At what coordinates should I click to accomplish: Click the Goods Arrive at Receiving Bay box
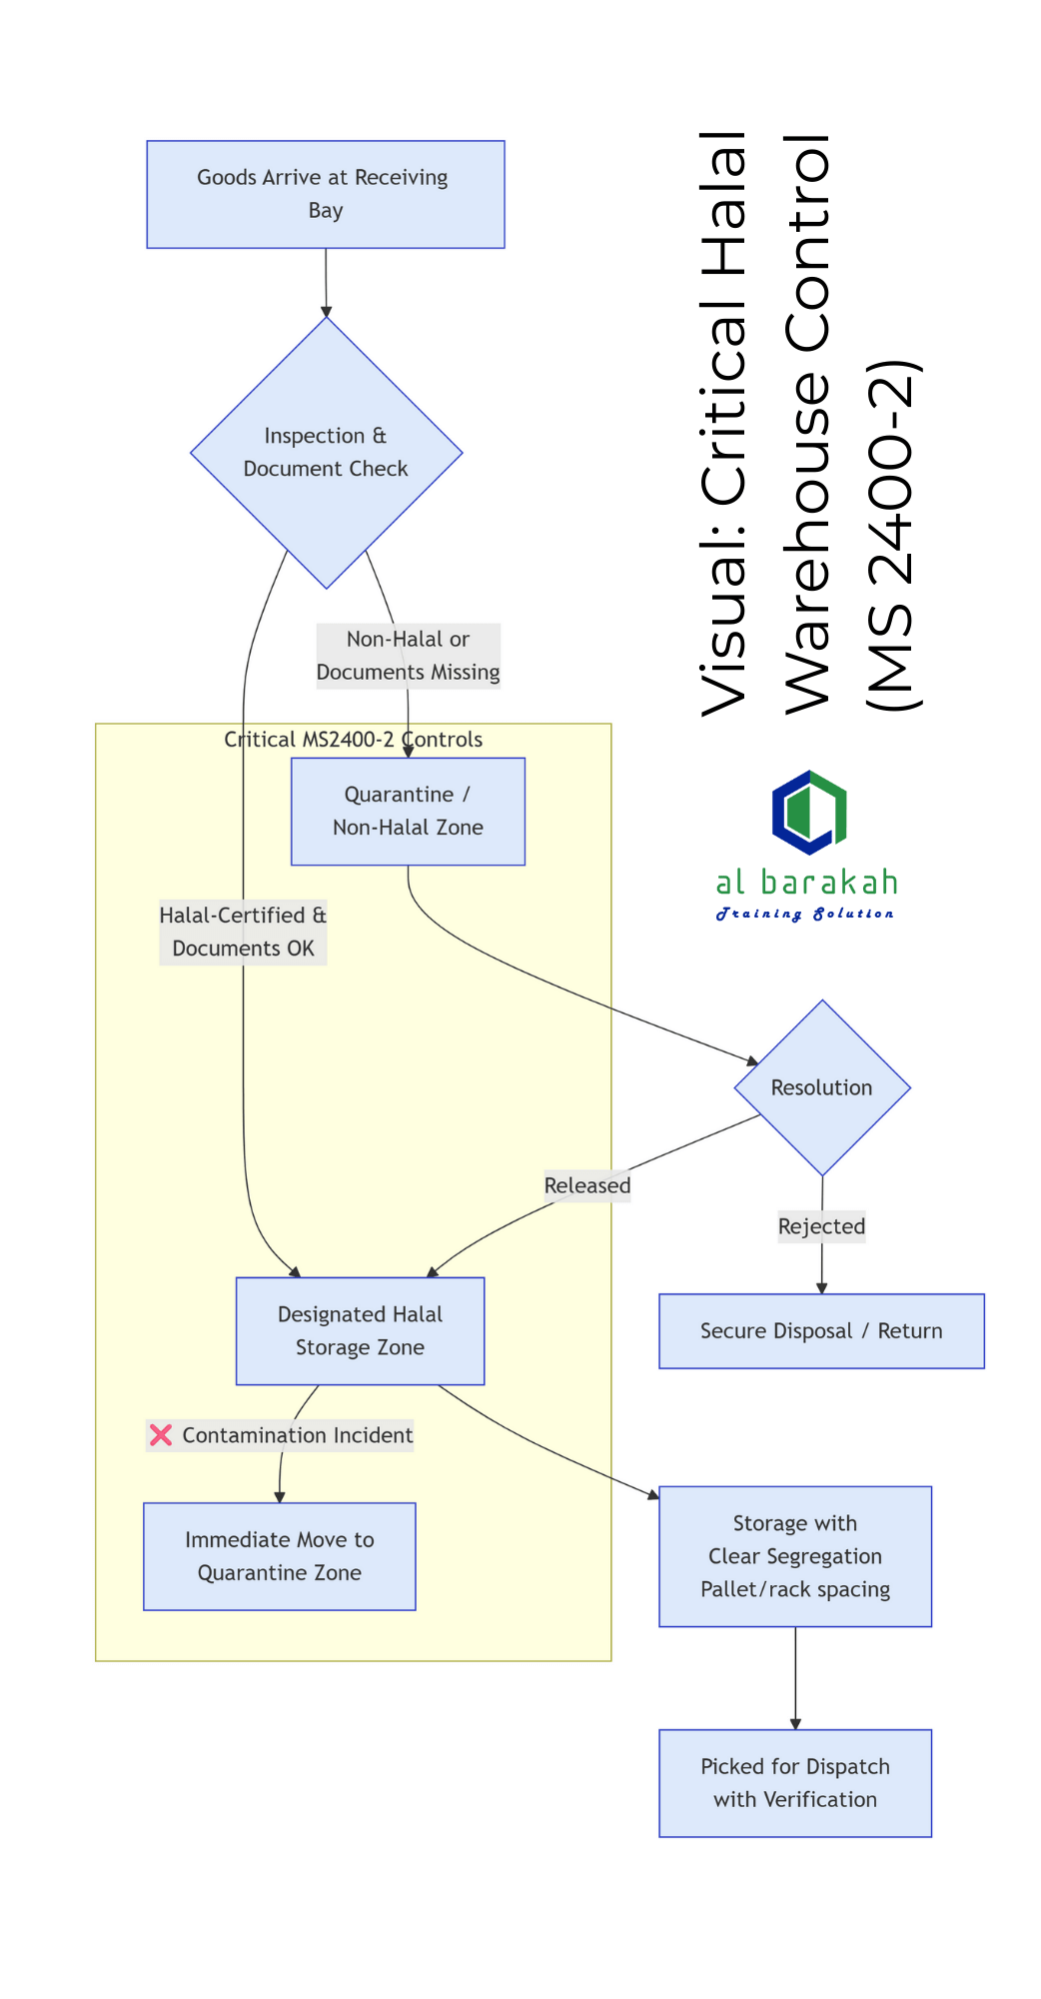326,194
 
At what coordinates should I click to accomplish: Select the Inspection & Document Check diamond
326,453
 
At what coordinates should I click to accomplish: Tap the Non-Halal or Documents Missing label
408,656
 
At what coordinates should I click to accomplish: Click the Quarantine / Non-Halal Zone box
408,811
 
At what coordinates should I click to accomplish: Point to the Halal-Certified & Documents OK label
243,932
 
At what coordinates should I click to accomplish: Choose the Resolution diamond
821,1087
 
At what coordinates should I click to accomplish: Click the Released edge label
587,1185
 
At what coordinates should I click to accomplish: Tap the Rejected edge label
821,1226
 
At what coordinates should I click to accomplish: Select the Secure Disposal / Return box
821,1331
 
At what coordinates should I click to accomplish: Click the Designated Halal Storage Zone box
360,1331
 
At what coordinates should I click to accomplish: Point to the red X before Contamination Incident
161,1435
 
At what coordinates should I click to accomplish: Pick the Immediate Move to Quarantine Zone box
280,1556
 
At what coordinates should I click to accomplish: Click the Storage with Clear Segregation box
795,1556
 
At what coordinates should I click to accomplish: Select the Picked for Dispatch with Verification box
795,1783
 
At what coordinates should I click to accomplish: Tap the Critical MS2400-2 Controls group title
353,740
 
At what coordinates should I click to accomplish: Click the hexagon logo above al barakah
809,812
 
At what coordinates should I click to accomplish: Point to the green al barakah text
806,882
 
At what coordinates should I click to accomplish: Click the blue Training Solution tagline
805,914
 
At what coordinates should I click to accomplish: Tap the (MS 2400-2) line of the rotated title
891,535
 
